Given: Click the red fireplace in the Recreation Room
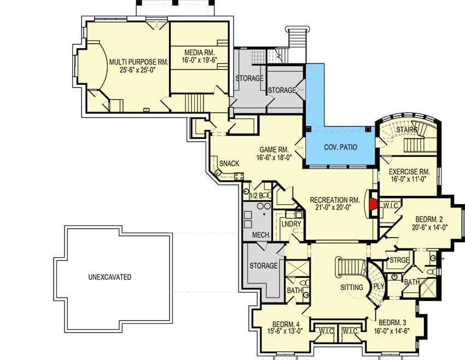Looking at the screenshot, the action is click(x=373, y=204).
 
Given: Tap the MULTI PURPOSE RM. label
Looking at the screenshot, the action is click(x=139, y=62).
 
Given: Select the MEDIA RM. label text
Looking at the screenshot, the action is click(x=200, y=53).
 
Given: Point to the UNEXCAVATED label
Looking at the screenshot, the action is click(x=110, y=277).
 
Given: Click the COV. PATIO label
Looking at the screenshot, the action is click(x=340, y=147).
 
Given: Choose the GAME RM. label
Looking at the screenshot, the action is click(x=274, y=150).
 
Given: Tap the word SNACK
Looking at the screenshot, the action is click(x=229, y=164).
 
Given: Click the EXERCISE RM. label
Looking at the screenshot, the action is click(x=409, y=172).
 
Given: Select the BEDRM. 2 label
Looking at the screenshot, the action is click(x=429, y=219).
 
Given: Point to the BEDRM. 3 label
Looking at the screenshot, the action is click(x=392, y=322).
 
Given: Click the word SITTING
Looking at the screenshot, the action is click(x=352, y=287).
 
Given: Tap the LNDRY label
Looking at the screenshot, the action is click(x=291, y=224).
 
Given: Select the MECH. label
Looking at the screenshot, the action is click(x=261, y=235).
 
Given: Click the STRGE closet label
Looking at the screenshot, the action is click(x=399, y=260).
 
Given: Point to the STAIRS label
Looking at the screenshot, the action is click(x=407, y=130).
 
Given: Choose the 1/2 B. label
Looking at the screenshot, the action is click(x=257, y=195).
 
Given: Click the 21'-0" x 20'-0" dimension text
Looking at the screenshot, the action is click(x=333, y=207).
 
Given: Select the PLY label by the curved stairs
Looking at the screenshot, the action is click(x=379, y=287).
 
